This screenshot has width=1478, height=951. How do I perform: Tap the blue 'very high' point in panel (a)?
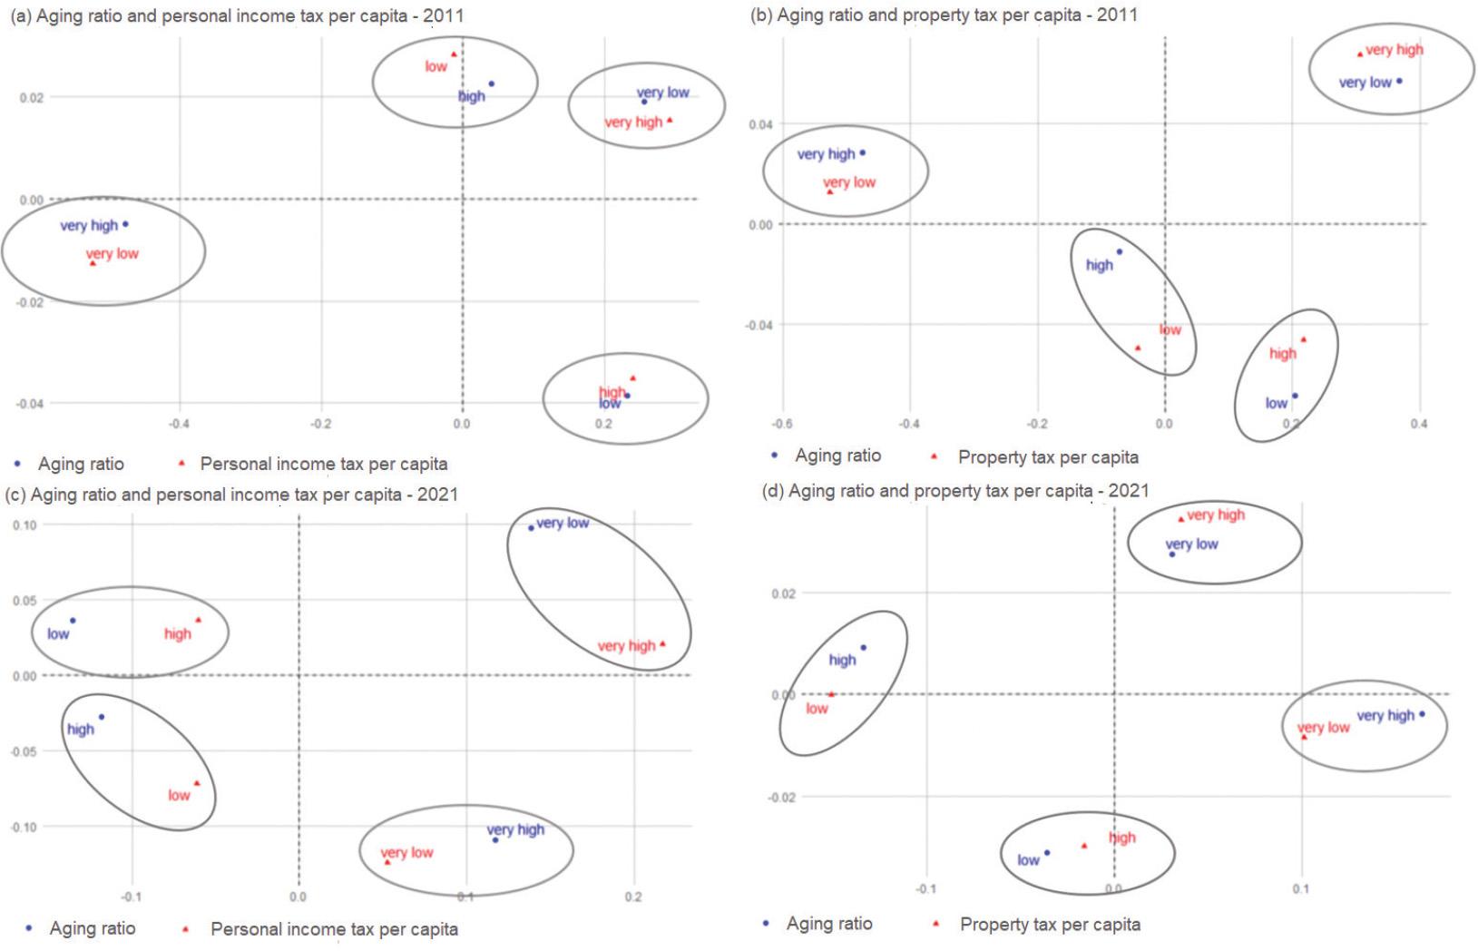click(x=125, y=224)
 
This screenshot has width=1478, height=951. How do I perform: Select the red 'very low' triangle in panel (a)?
click(x=93, y=263)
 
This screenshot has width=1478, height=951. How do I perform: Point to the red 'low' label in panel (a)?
click(x=436, y=66)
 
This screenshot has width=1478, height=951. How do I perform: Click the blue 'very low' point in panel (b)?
click(x=1399, y=82)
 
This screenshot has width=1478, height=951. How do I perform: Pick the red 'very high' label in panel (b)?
click(x=1395, y=50)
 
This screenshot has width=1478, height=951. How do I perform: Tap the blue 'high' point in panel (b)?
click(x=1120, y=251)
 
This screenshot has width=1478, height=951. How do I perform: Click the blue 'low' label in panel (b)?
click(x=1276, y=403)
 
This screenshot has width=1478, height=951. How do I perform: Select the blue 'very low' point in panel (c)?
click(x=531, y=527)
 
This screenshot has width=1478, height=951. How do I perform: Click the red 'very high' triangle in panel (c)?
click(x=662, y=644)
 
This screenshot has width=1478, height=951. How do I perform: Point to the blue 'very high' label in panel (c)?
click(x=515, y=829)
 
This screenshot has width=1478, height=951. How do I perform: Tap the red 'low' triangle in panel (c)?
click(x=197, y=783)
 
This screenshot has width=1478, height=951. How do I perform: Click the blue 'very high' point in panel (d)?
click(x=1422, y=714)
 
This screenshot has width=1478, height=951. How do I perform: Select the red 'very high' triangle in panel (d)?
click(x=1180, y=519)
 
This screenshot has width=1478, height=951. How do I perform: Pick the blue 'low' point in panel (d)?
click(x=1047, y=852)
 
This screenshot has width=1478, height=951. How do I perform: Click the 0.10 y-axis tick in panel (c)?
click(x=25, y=525)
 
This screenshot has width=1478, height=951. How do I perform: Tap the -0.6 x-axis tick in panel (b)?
click(x=782, y=424)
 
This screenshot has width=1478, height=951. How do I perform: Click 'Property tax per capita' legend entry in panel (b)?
click(x=1047, y=457)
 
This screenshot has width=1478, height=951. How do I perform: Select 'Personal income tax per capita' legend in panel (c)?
click(x=334, y=929)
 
